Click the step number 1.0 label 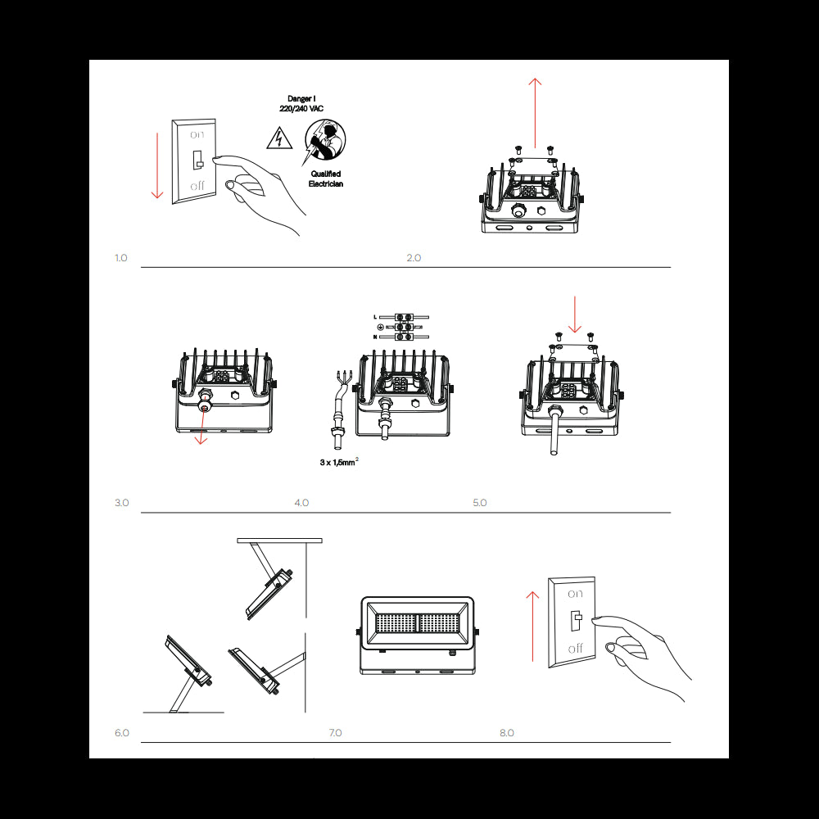pyautogui.click(x=121, y=258)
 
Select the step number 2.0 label pyautogui.click(x=414, y=258)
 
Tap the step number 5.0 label pyautogui.click(x=480, y=502)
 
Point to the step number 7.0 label pyautogui.click(x=335, y=732)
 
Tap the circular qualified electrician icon pyautogui.click(x=325, y=142)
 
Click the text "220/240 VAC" pyautogui.click(x=301, y=108)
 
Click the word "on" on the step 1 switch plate pyautogui.click(x=197, y=133)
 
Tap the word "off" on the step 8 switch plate pyautogui.click(x=576, y=648)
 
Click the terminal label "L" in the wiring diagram pyautogui.click(x=375, y=316)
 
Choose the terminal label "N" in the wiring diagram pyautogui.click(x=375, y=337)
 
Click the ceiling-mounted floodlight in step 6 pyautogui.click(x=270, y=594)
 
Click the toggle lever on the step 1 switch pyautogui.click(x=197, y=159)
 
